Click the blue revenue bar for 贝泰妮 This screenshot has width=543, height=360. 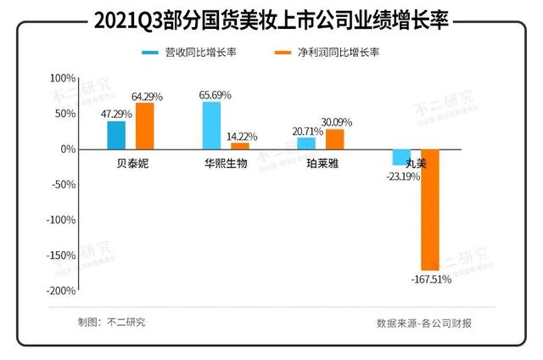[x=116, y=135]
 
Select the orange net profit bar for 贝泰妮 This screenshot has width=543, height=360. [x=145, y=126]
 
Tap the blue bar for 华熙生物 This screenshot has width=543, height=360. [x=211, y=126]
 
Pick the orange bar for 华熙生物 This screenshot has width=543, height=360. [x=240, y=145]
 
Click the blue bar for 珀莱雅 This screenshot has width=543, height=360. [x=306, y=143]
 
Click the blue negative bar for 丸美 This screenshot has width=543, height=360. [x=401, y=156]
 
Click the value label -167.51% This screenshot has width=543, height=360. [x=431, y=278]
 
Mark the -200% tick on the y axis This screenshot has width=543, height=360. [x=61, y=290]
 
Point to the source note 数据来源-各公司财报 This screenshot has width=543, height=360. [x=423, y=323]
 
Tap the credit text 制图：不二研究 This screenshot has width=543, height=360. [x=110, y=322]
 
